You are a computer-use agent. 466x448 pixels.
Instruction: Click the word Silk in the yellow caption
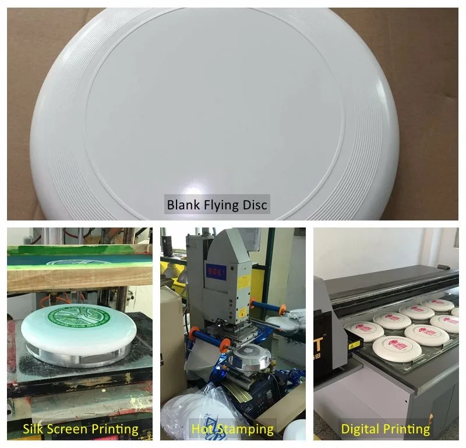click(x=34, y=430)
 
